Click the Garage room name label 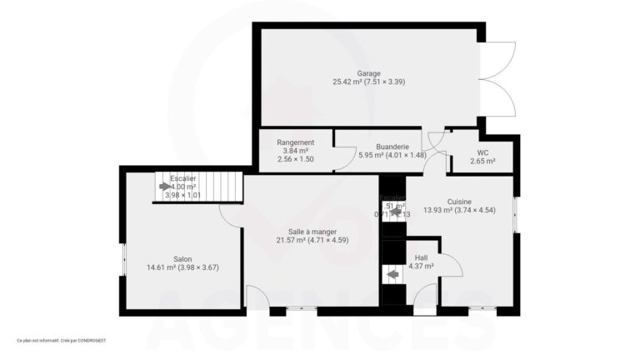(369, 72)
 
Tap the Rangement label (295, 142)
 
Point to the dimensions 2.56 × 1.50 (295, 159)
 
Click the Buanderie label (379, 146)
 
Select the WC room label (482, 152)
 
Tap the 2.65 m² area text (482, 161)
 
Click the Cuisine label (459, 202)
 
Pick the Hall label (421, 257)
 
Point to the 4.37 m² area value (421, 267)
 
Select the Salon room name (182, 259)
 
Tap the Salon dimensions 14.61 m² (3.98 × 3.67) (182, 268)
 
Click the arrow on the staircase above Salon (163, 187)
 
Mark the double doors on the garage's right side (497, 79)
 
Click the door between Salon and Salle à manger (231, 214)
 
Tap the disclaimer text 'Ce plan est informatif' (62, 340)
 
